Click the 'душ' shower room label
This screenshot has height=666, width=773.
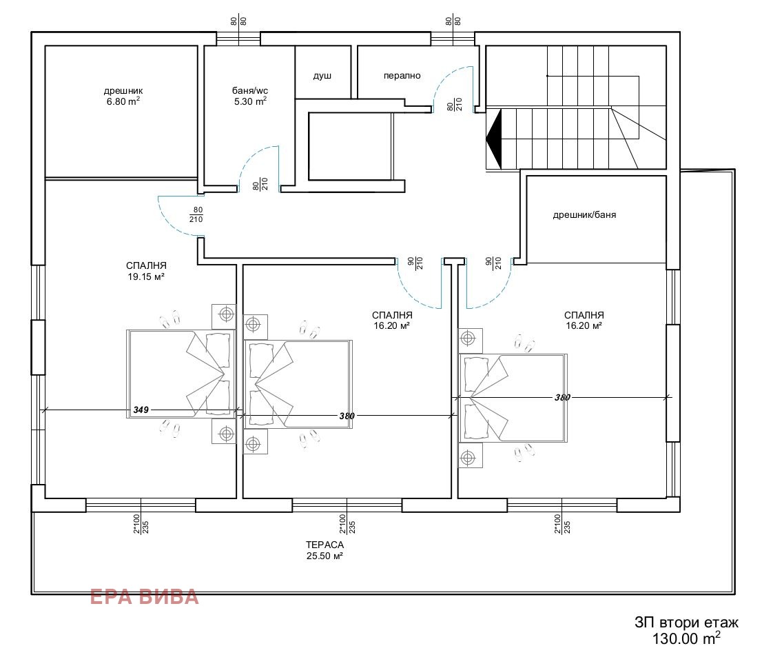click(x=322, y=76)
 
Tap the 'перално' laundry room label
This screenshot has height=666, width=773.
click(x=402, y=76)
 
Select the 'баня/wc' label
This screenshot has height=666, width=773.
click(x=250, y=91)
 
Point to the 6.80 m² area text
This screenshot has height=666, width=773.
click(x=123, y=101)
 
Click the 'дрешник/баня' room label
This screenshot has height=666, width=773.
click(x=584, y=215)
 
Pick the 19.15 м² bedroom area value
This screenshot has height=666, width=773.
click(x=146, y=276)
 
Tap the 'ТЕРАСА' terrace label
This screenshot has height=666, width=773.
click(x=325, y=545)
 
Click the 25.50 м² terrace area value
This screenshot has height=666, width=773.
click(x=325, y=556)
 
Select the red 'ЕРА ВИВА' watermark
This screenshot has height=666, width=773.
click(x=145, y=597)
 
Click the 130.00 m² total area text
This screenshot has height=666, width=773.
click(x=686, y=638)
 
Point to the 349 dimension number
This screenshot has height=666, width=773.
click(x=141, y=410)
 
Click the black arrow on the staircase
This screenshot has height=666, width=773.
click(x=494, y=139)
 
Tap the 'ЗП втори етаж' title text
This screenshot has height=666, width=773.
click(x=686, y=623)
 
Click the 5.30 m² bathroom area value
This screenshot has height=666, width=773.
click(x=250, y=101)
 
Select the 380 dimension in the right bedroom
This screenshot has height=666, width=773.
click(x=562, y=397)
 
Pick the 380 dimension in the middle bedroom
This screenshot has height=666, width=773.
click(x=347, y=416)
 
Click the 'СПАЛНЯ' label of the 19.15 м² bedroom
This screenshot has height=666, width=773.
click(x=146, y=266)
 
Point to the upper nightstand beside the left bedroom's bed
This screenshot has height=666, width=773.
click(x=224, y=316)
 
